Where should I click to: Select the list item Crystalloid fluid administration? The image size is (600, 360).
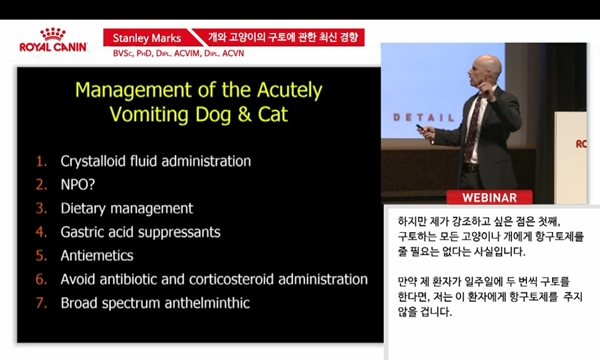click(x=155, y=161)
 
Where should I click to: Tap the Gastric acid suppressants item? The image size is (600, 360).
click(x=141, y=232)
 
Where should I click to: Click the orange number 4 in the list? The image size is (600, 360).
click(x=41, y=232)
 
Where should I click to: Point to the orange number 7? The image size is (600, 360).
click(x=41, y=301)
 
